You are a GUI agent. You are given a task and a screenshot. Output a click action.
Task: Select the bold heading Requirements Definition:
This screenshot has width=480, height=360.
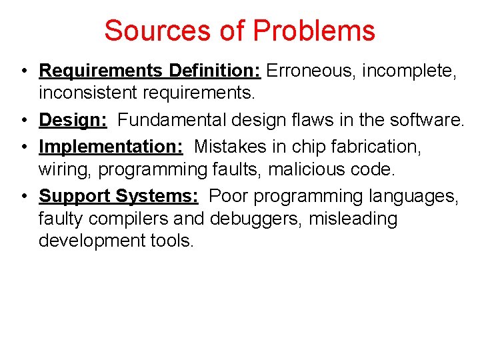coord(152,70)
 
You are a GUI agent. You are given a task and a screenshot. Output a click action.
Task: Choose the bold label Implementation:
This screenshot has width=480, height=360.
coord(111,146)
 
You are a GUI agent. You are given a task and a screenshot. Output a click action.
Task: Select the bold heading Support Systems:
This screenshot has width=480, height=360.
coord(119,196)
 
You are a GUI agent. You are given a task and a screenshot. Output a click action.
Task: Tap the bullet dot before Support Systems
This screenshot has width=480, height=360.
coord(23,197)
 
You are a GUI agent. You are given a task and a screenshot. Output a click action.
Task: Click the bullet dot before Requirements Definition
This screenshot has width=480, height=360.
coord(23,71)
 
